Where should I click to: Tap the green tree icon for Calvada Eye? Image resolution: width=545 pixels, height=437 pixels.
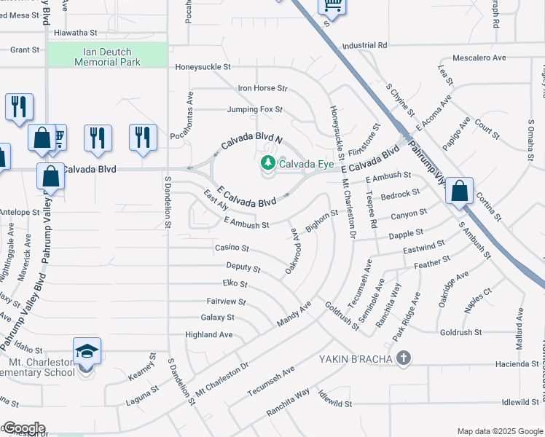click(267, 164)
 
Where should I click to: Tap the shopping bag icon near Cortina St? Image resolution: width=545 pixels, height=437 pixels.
click(460, 192)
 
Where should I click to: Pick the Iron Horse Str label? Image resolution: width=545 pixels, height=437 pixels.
click(263, 88)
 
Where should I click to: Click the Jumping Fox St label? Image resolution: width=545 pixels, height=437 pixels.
click(254, 110)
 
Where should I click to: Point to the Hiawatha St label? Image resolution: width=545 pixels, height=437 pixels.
click(76, 33)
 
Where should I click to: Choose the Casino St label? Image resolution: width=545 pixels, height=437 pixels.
click(232, 248)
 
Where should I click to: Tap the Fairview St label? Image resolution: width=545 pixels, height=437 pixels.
click(227, 301)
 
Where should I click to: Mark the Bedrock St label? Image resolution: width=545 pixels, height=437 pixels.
click(400, 195)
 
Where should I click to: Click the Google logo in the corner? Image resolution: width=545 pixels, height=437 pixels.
click(23, 428)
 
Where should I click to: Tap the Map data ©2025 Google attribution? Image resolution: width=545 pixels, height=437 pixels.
click(499, 430)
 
